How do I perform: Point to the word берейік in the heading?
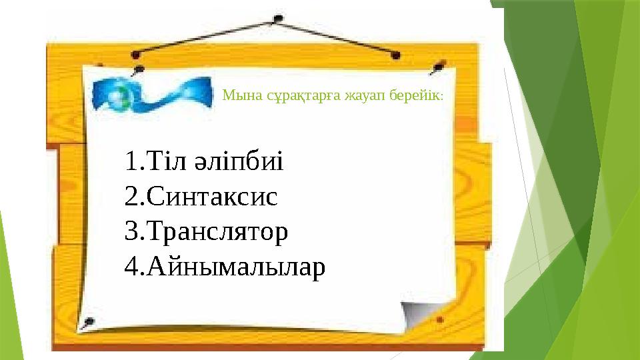point(415,95)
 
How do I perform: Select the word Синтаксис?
point(212,196)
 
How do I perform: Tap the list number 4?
point(132,267)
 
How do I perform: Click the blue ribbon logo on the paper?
point(152,95)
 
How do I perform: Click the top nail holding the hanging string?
point(279,19)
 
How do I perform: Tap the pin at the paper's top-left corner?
point(139,70)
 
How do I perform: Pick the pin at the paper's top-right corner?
point(438,67)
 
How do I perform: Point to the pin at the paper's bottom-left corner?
point(87,323)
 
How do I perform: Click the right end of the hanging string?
point(395,55)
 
